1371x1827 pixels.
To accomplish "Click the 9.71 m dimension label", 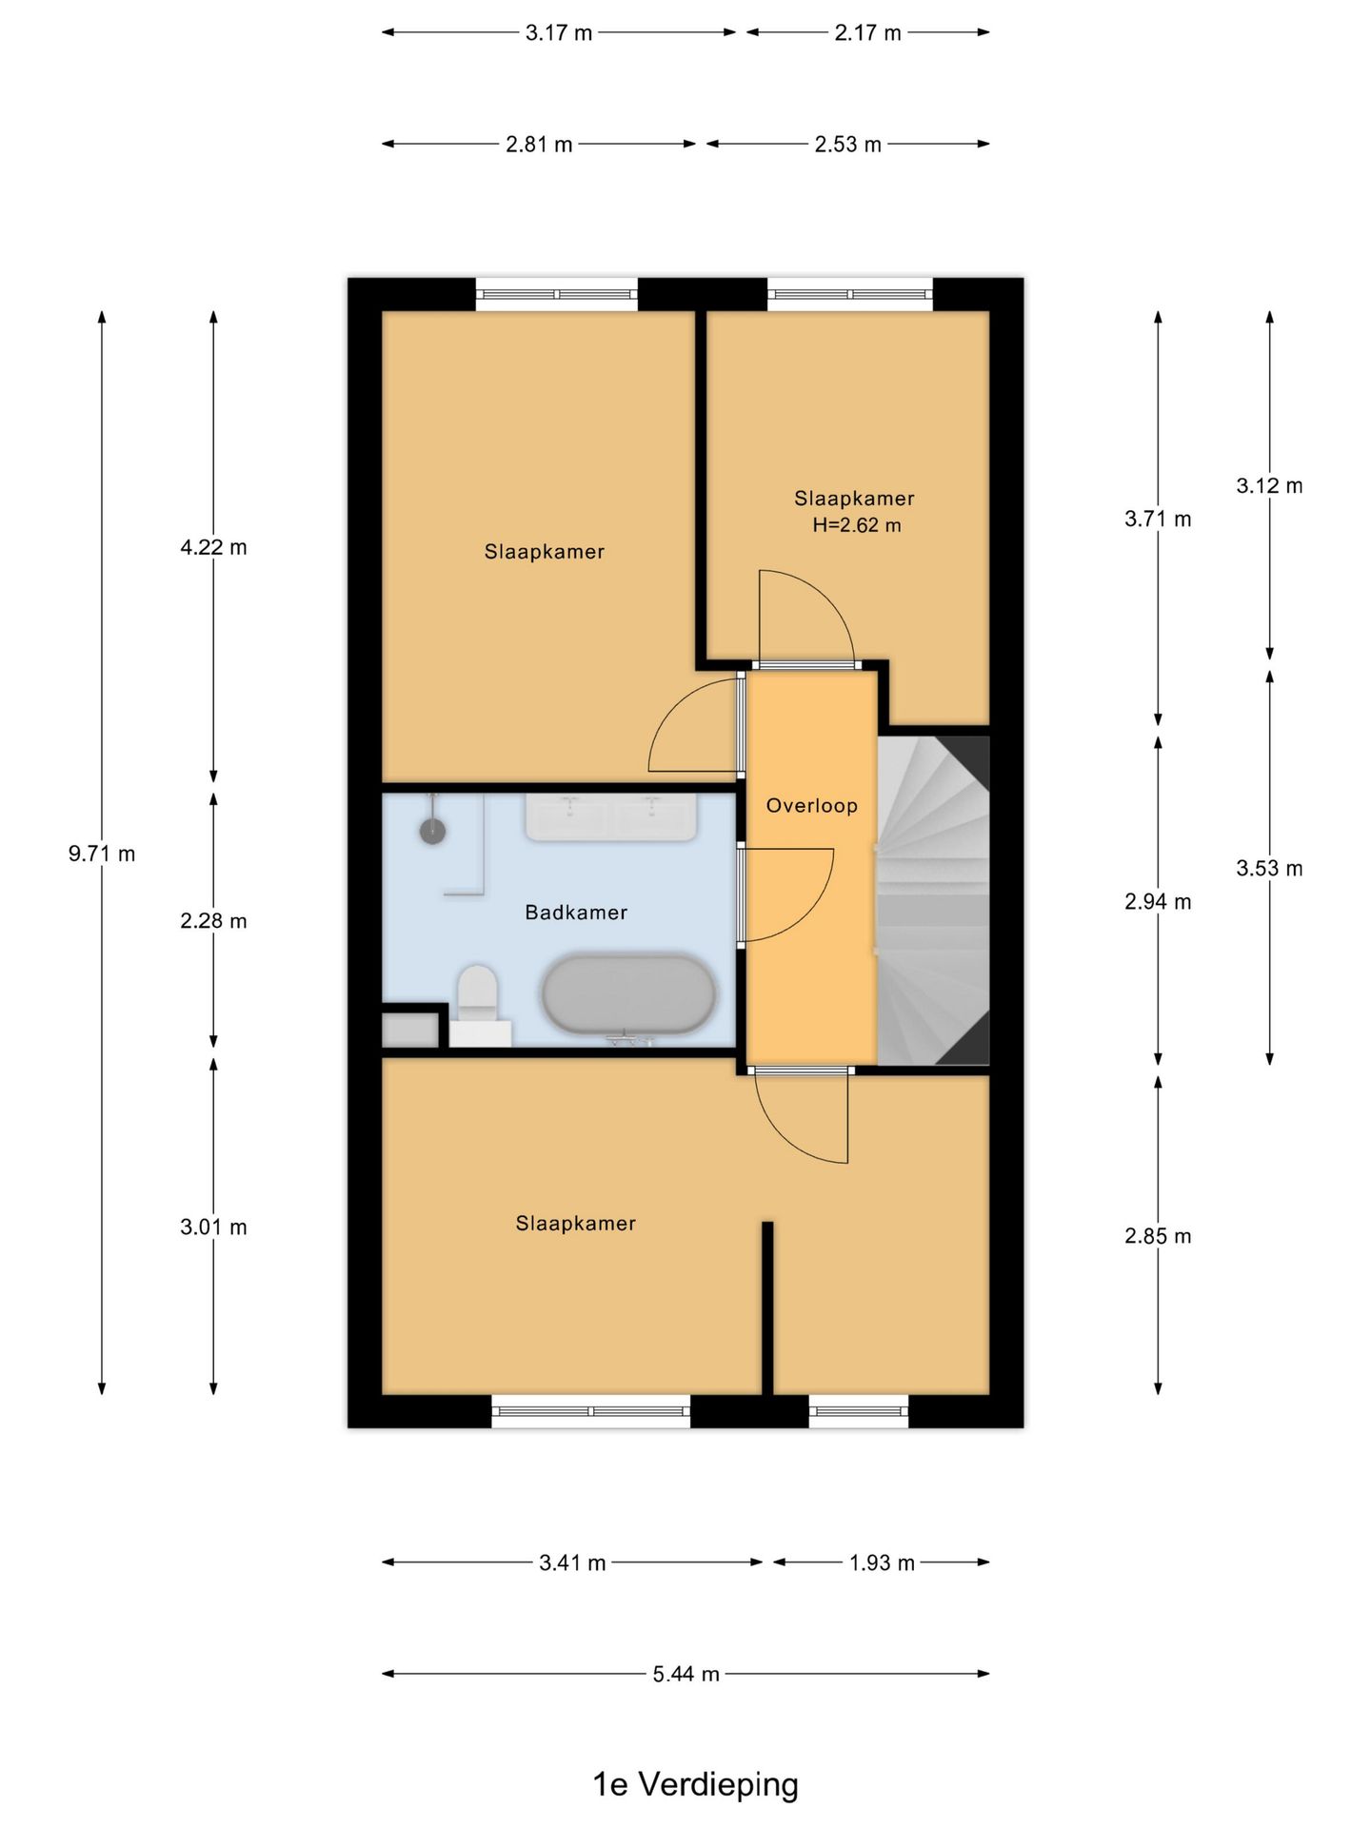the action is click(x=102, y=854).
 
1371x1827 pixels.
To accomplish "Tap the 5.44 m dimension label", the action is click(x=685, y=1674).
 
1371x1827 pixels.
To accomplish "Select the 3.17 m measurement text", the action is click(x=559, y=33).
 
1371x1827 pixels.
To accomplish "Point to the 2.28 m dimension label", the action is click(x=213, y=921).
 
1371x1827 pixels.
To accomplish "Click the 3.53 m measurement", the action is click(x=1269, y=868).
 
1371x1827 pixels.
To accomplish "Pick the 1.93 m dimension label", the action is click(x=882, y=1562).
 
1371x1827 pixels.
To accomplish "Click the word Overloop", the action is click(x=812, y=806).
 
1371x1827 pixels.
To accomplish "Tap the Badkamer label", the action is click(x=576, y=913).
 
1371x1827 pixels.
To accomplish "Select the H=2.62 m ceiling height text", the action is click(x=856, y=525).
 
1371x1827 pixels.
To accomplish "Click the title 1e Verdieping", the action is click(x=695, y=1784).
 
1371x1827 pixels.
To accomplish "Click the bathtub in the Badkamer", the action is click(x=628, y=994).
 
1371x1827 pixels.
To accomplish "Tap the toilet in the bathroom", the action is click(x=478, y=1004).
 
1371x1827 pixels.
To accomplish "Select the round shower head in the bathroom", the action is click(x=433, y=830).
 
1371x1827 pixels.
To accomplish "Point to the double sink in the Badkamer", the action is click(x=611, y=817).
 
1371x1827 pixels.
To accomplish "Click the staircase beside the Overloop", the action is click(x=933, y=900).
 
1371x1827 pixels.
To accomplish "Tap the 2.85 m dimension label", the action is click(x=1158, y=1236).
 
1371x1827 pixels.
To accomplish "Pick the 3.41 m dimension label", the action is click(x=572, y=1562).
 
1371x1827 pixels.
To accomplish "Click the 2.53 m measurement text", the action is click(x=847, y=145).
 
